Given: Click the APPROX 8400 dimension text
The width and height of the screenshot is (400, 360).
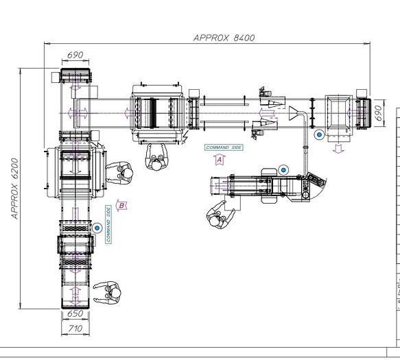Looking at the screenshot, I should click(224, 38).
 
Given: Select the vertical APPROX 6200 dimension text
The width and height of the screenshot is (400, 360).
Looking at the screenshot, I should click(14, 189).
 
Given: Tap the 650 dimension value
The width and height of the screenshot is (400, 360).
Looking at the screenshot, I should click(75, 314).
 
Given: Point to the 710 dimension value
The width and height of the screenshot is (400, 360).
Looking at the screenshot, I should click(75, 329).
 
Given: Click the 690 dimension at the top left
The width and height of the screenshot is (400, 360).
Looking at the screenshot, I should click(75, 54).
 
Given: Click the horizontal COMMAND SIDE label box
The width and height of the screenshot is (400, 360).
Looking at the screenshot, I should click(224, 147).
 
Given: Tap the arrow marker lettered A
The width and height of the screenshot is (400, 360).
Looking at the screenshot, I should click(220, 159).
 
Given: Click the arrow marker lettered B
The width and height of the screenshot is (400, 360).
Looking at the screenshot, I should click(121, 205).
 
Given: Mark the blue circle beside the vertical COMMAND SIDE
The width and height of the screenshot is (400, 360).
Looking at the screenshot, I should click(97, 228).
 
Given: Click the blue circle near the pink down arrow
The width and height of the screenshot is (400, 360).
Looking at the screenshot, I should click(319, 135).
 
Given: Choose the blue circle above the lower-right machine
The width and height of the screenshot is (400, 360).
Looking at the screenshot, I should click(283, 169).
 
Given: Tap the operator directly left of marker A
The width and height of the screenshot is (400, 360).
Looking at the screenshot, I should click(158, 158).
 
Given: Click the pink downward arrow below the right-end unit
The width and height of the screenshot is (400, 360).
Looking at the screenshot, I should click(338, 149).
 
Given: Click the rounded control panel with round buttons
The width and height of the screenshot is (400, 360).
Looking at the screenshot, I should click(316, 180).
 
